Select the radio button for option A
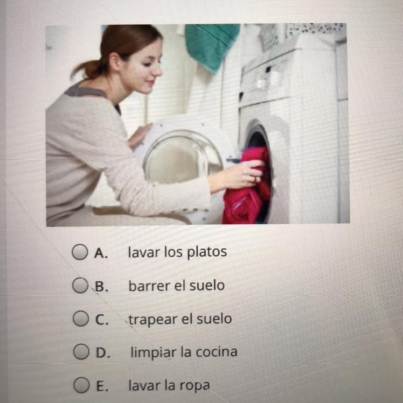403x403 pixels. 79,252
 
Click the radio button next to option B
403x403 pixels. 80,285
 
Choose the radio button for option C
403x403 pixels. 81,319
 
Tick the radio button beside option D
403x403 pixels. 81,351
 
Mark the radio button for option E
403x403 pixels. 81,385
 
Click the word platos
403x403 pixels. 207,252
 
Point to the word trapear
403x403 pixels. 153,320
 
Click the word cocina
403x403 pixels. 216,352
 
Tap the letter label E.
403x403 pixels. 101,386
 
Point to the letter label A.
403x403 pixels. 101,253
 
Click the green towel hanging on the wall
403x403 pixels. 212,46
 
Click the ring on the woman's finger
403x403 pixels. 254,179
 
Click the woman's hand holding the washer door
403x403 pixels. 140,136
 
